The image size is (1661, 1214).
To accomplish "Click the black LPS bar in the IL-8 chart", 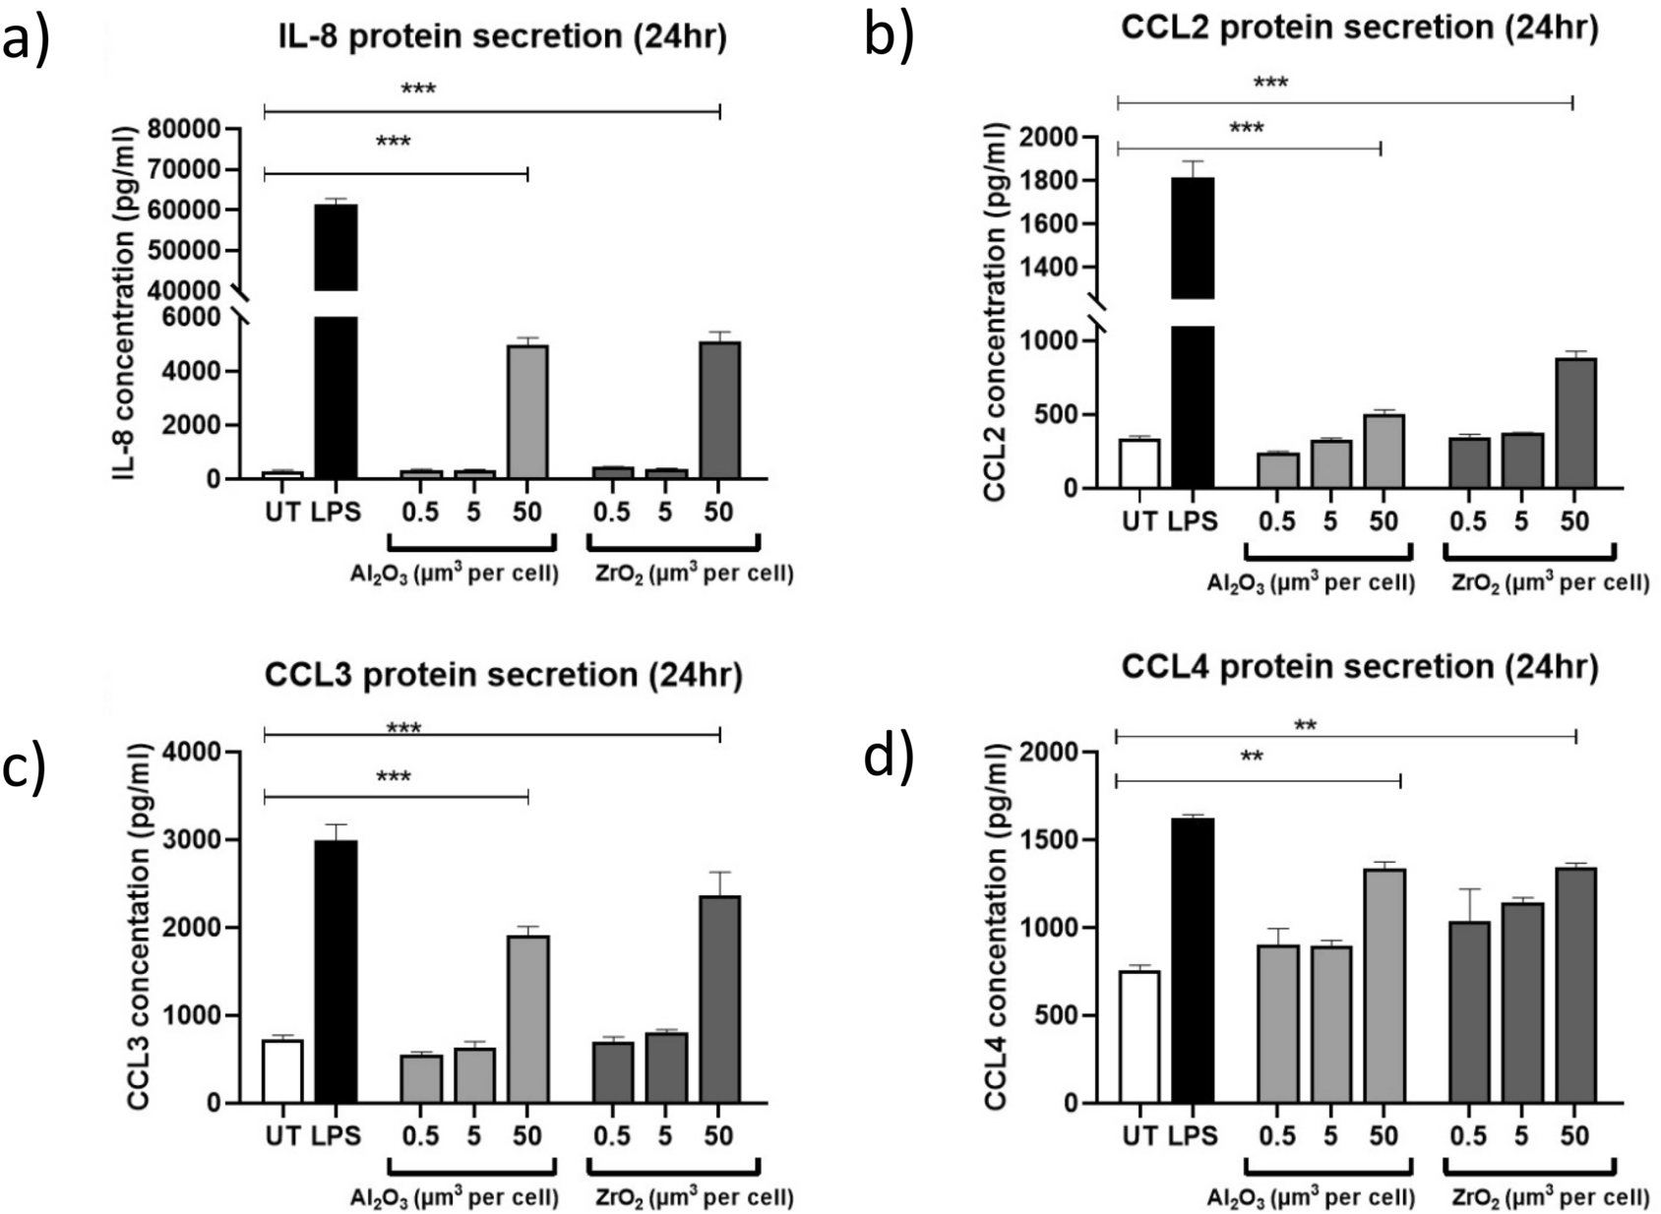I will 336,394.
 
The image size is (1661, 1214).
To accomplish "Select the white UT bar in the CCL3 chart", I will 282,1071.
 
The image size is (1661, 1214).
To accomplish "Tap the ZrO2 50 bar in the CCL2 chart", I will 1575,423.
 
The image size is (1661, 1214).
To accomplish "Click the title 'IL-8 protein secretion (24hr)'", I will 503,36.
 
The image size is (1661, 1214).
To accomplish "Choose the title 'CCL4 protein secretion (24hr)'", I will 1359,667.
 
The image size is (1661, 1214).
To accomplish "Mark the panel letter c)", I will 26,767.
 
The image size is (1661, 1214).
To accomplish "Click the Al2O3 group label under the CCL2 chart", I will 1310,583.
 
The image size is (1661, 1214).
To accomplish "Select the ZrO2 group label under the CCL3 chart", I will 694,1198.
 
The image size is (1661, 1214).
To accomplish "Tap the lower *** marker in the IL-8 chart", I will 393,142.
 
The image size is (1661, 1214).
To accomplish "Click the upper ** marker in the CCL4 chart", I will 1305,726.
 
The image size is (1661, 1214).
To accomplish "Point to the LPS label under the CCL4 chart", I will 1193,1136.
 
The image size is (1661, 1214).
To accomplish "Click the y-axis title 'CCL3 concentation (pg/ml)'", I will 139,929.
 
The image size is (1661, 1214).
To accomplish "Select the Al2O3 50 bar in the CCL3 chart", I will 527,1019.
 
